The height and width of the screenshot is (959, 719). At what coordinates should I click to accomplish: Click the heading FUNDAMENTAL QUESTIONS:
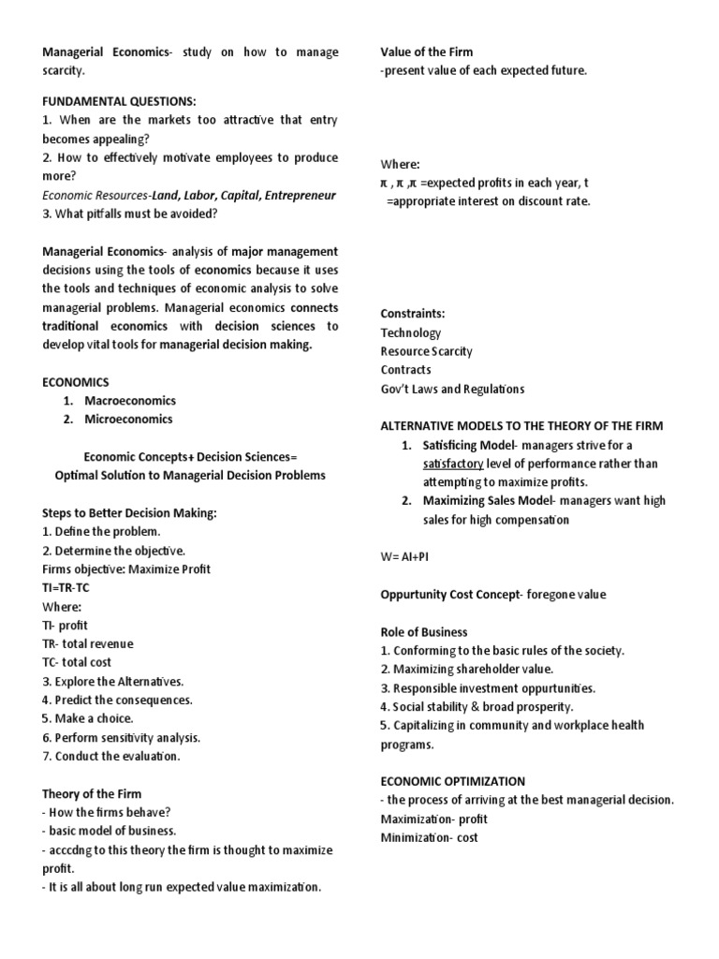click(115, 101)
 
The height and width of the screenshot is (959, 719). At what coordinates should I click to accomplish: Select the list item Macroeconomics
click(130, 401)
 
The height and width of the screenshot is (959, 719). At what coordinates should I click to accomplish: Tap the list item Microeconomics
click(129, 420)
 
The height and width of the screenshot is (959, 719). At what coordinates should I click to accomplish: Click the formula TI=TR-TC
click(66, 587)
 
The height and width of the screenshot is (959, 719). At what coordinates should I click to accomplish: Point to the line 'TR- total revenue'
click(88, 643)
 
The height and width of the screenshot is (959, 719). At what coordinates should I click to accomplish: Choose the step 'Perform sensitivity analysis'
click(121, 737)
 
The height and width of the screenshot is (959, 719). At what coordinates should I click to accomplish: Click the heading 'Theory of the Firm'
click(92, 794)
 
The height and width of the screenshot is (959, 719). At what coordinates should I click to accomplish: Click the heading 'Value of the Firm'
click(427, 52)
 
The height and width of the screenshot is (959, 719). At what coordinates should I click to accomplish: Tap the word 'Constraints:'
click(414, 314)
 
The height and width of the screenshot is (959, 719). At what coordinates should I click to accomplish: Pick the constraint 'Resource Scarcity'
click(426, 351)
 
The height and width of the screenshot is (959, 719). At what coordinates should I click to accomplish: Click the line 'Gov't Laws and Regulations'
click(452, 389)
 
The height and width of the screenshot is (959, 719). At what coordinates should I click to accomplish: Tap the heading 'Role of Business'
click(423, 631)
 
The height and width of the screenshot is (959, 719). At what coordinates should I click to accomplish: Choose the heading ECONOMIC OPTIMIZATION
click(452, 781)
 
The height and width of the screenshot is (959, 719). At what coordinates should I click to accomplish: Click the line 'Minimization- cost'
click(429, 837)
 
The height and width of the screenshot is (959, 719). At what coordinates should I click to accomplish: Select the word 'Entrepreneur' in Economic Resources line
click(297, 195)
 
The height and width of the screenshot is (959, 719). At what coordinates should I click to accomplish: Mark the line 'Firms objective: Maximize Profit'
click(126, 568)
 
